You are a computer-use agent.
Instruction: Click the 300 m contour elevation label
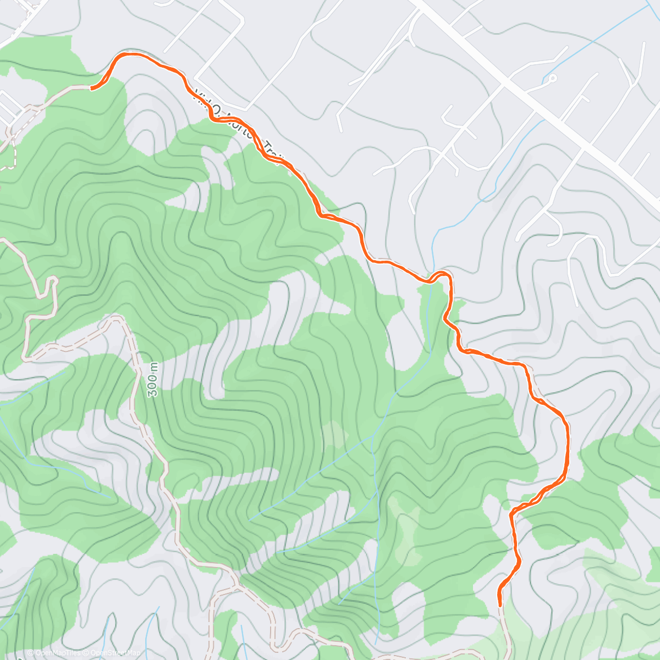pyautogui.click(x=153, y=380)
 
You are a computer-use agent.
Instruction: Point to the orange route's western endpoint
pyautogui.click(x=92, y=87)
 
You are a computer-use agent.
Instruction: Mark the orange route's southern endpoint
pyautogui.click(x=499, y=604)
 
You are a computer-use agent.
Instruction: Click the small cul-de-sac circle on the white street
pyautogui.click(x=552, y=78)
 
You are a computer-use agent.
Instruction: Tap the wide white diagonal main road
pyautogui.click(x=539, y=105)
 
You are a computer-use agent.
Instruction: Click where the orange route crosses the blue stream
pyautogui.click(x=432, y=278)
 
